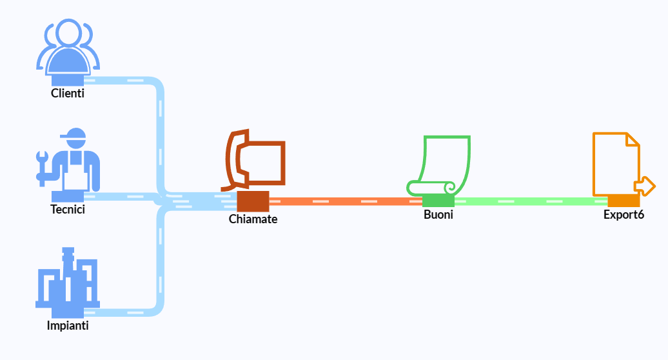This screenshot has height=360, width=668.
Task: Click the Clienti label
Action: click(x=68, y=94)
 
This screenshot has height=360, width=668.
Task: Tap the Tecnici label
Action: click(x=68, y=209)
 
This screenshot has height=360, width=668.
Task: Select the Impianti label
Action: click(x=68, y=325)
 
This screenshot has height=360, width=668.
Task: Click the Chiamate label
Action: click(x=253, y=219)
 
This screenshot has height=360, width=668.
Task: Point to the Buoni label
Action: click(x=438, y=215)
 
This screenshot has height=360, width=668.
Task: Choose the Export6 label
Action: click(x=624, y=215)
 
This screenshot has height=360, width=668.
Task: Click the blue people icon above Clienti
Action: click(x=68, y=48)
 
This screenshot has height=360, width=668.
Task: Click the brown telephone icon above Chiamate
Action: click(x=255, y=161)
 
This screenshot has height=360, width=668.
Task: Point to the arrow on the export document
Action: click(x=644, y=186)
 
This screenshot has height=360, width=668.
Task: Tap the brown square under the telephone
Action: click(x=253, y=201)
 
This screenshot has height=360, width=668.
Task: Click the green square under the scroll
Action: click(x=438, y=201)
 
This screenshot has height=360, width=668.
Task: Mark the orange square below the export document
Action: click(x=624, y=201)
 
